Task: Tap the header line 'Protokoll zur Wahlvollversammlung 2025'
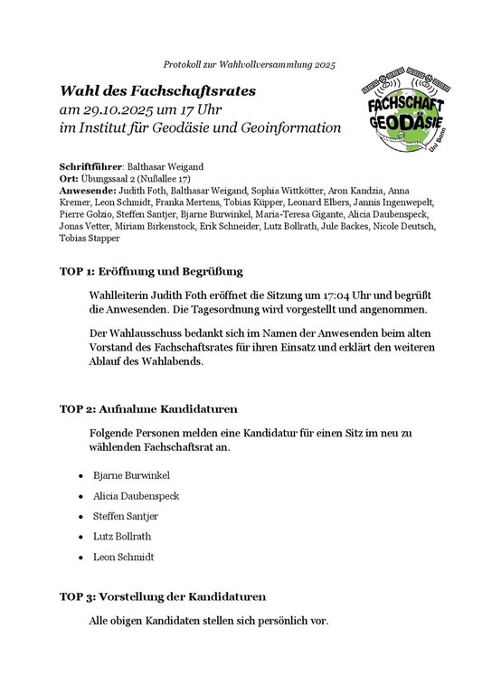249,65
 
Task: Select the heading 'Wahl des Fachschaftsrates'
158,90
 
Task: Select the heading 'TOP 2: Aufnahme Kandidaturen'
143,408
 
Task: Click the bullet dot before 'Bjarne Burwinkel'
81,475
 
